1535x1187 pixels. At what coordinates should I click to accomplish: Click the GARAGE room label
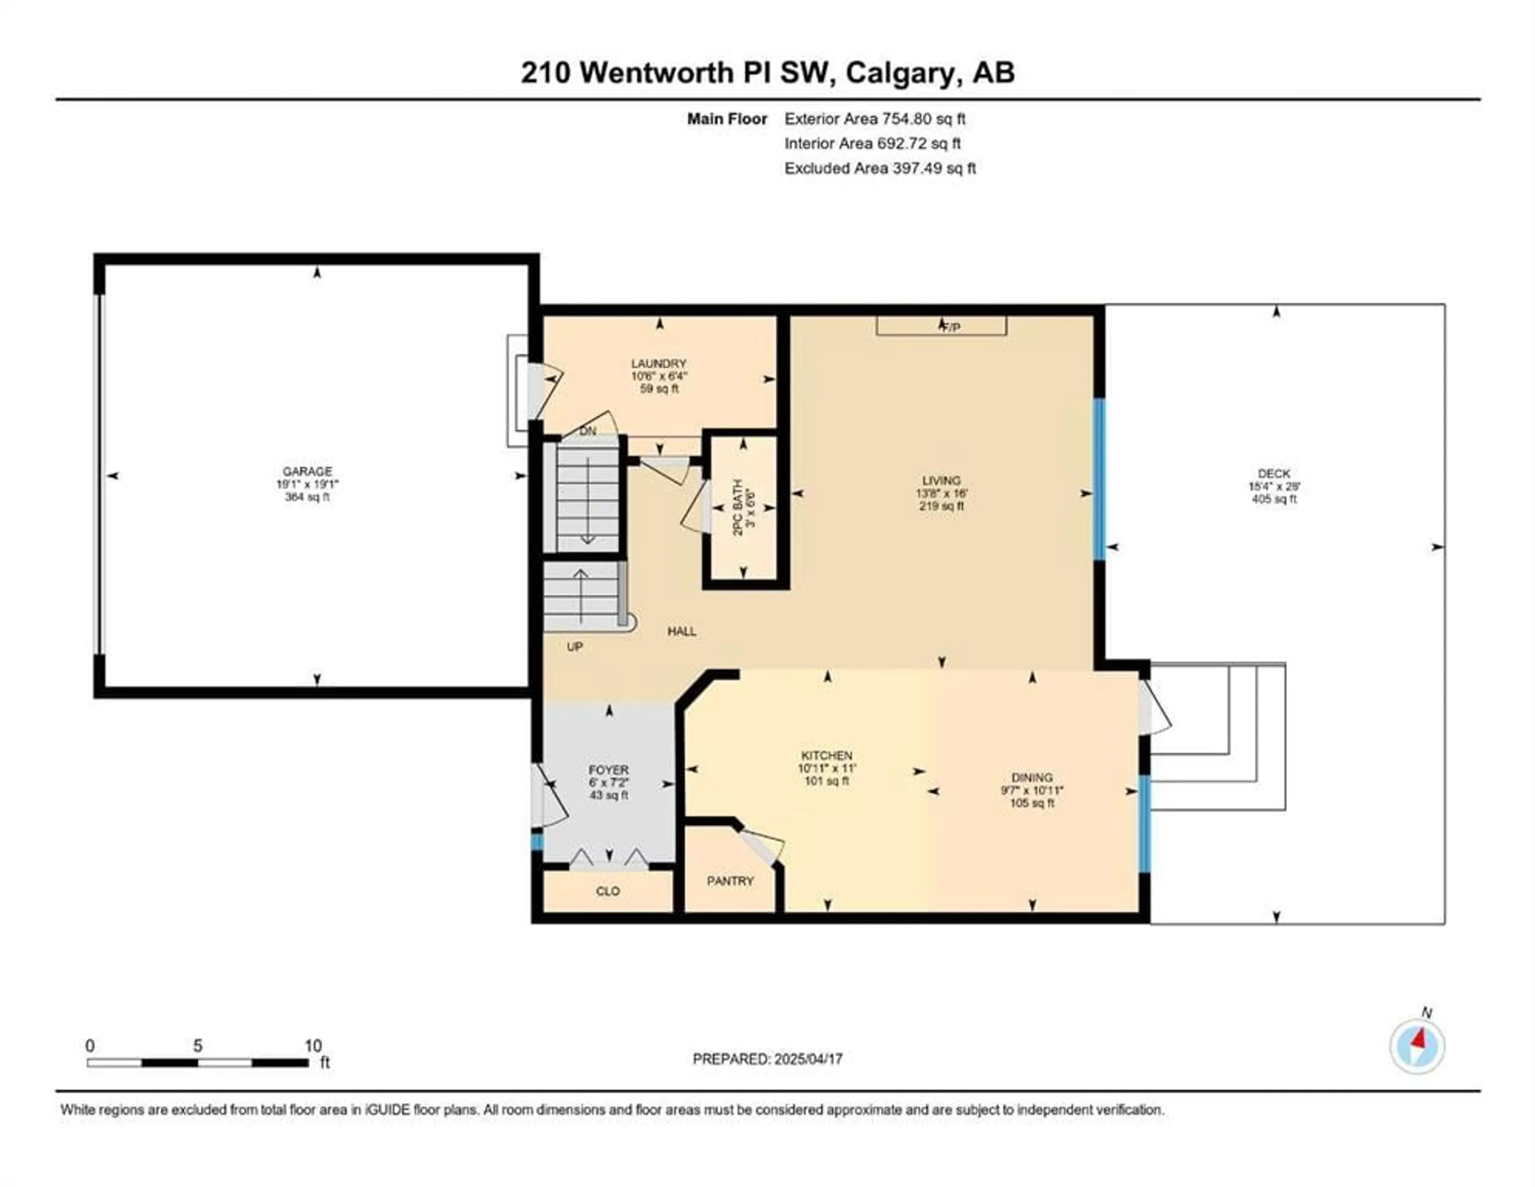tap(307, 472)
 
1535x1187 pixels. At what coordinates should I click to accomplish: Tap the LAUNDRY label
tap(658, 363)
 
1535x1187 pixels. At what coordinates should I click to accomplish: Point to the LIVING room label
tap(941, 481)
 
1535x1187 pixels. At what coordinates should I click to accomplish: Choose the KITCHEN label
tap(827, 755)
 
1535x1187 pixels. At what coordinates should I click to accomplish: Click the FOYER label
tap(609, 770)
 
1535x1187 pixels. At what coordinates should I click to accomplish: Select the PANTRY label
tap(730, 880)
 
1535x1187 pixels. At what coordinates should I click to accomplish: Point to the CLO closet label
tap(608, 891)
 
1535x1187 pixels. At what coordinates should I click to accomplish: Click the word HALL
tap(682, 631)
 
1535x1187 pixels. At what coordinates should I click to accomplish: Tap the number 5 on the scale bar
tap(197, 1046)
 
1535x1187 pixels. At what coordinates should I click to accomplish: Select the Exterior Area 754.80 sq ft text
tap(875, 119)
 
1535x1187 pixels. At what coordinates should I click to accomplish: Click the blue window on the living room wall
tap(1100, 479)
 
